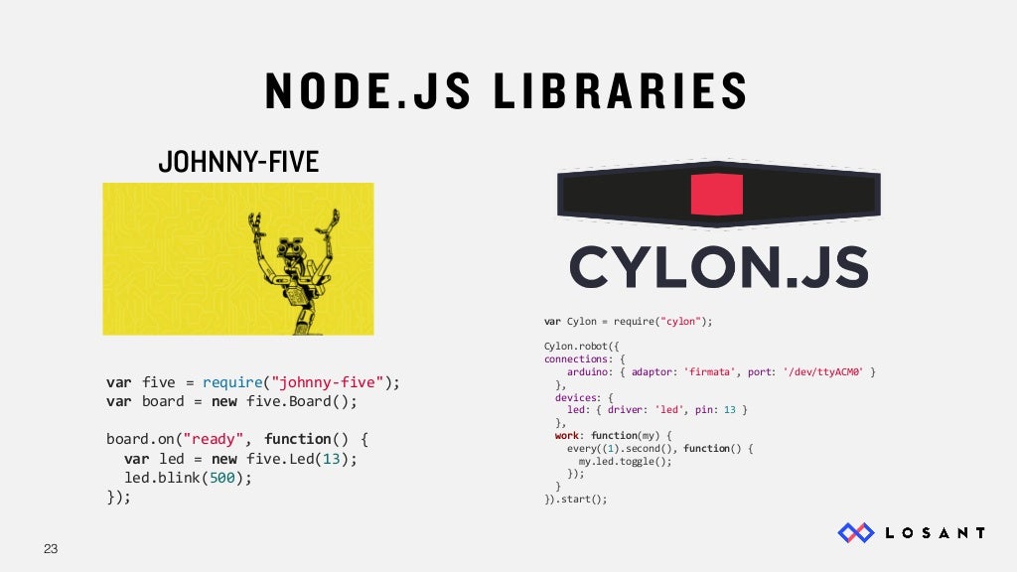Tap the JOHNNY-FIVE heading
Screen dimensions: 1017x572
238,161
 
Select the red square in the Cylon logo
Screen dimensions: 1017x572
717,195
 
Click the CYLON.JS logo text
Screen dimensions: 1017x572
718,267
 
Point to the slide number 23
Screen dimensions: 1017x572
51,548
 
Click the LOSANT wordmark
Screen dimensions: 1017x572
935,533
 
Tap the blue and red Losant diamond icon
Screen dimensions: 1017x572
855,533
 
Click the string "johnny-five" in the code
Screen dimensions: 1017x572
331,382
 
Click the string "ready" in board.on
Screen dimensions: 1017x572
217,439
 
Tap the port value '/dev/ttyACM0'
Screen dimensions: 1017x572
823,371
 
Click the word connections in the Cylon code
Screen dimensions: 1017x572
576,358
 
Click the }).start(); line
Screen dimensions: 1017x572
575,499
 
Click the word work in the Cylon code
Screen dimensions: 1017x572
567,435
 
